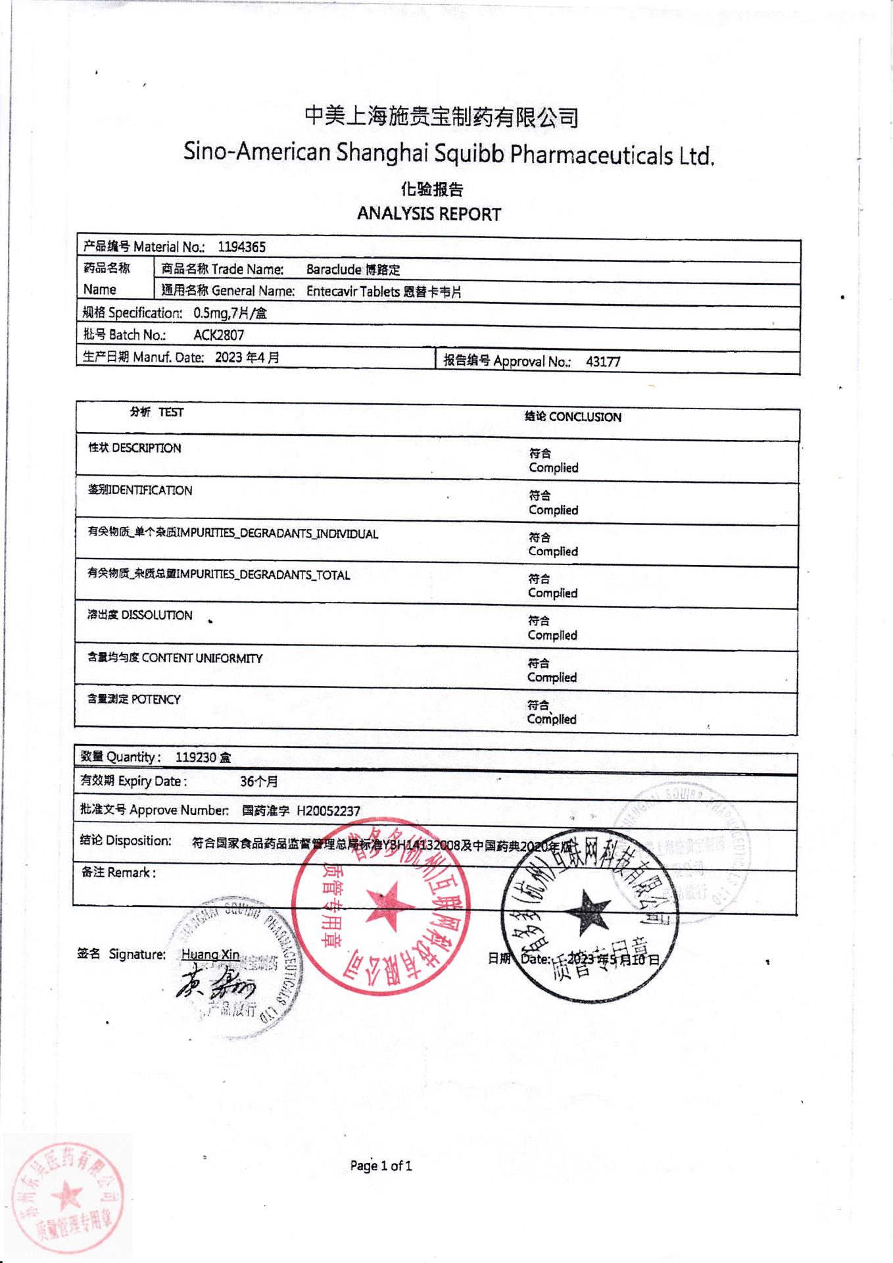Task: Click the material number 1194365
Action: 241,247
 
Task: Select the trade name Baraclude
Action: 333,270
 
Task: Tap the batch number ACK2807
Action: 218,335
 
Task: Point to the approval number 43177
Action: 602,362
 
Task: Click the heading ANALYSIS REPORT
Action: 429,214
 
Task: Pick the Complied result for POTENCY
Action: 551,720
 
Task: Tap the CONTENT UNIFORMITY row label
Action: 175,658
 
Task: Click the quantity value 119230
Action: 195,758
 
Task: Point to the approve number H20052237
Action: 328,811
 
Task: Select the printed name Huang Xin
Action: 210,954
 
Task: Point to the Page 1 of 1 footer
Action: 381,1166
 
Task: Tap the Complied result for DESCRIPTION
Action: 553,468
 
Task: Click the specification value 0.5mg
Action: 210,314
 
